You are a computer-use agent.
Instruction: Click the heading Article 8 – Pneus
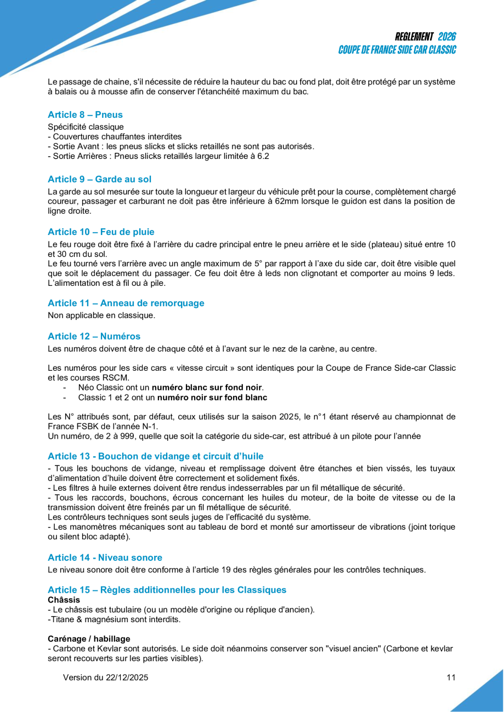click(85, 114)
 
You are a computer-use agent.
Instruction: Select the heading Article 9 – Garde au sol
click(99, 179)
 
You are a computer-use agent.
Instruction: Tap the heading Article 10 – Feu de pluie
click(101, 232)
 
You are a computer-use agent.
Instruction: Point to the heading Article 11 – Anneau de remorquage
click(126, 303)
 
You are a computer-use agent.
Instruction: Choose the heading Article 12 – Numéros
click(94, 336)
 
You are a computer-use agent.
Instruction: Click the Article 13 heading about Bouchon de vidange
click(155, 456)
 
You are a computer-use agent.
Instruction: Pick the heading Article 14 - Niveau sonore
click(105, 558)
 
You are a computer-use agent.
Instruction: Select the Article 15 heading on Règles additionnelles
click(167, 590)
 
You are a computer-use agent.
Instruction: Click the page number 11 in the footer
click(451, 677)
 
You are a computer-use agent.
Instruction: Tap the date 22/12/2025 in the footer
click(126, 677)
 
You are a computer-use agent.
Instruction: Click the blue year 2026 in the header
click(447, 37)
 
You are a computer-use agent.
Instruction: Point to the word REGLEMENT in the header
click(414, 37)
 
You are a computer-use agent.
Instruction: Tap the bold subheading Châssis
click(64, 600)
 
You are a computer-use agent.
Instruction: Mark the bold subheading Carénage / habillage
click(89, 639)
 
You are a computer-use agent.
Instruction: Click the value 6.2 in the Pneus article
click(263, 156)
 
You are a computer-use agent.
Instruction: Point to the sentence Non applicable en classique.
click(101, 315)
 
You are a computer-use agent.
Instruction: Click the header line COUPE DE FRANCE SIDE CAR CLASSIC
click(397, 50)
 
